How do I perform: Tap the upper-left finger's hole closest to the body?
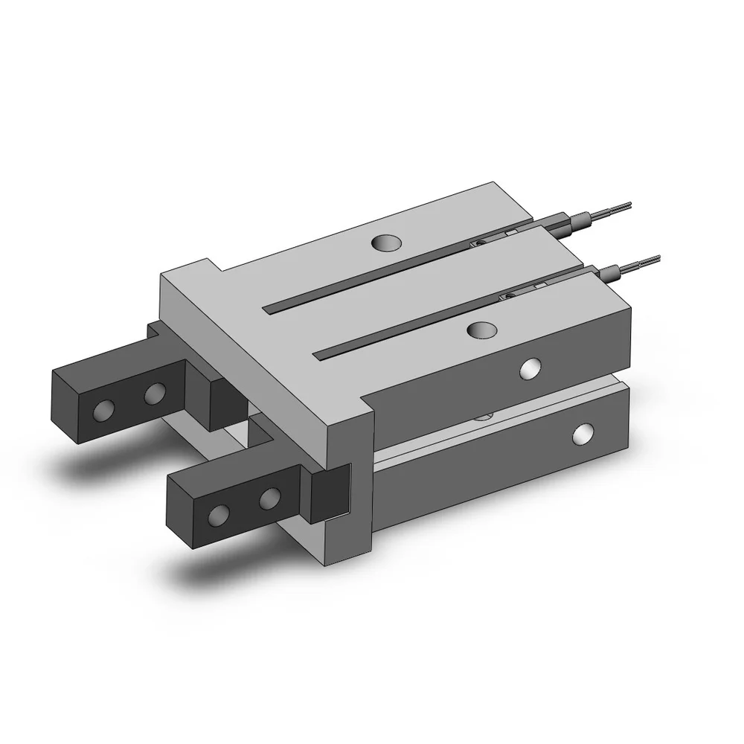click(155, 391)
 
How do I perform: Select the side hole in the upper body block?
click(530, 367)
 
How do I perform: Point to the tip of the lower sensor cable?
click(658, 257)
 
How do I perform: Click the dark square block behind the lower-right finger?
click(329, 493)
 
